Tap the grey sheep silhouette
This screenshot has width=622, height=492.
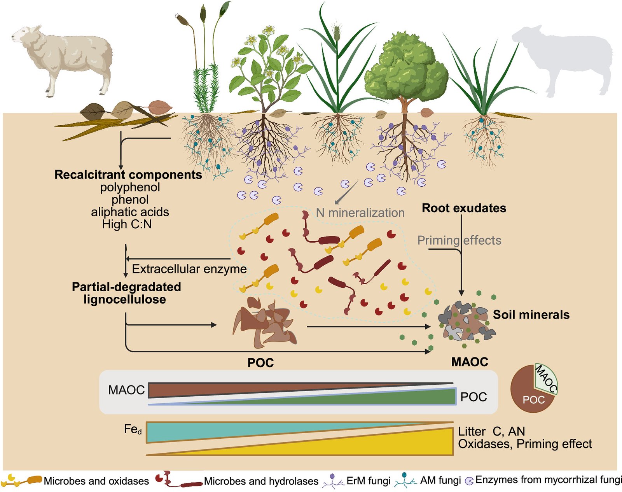point(564,58)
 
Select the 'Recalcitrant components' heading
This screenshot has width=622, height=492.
point(128,175)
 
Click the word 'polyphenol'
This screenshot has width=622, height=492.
point(130,187)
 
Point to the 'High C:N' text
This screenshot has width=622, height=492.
point(127,224)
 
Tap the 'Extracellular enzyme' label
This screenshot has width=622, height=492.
point(189,269)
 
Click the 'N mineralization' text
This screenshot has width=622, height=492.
point(360,213)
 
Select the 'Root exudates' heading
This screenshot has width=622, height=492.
point(464,208)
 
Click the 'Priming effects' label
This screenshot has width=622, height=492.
point(459,240)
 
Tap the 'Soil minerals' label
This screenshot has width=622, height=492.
point(531,315)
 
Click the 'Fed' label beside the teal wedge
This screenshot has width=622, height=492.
point(133,429)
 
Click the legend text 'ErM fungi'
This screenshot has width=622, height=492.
point(368,481)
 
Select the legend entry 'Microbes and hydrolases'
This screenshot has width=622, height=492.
point(261,481)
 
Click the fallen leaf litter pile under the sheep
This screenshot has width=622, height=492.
point(117,117)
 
